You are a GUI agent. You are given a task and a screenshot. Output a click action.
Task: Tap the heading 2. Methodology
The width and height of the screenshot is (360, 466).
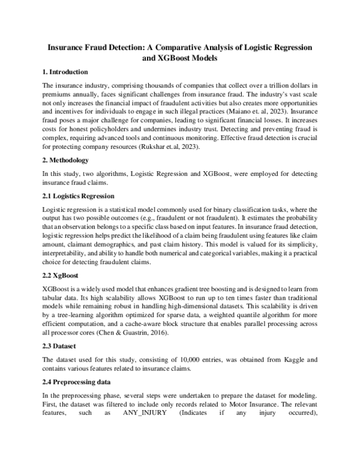pyautogui.click(x=66, y=160)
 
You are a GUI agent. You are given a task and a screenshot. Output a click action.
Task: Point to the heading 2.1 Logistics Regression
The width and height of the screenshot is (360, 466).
pyautogui.click(x=80, y=196)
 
